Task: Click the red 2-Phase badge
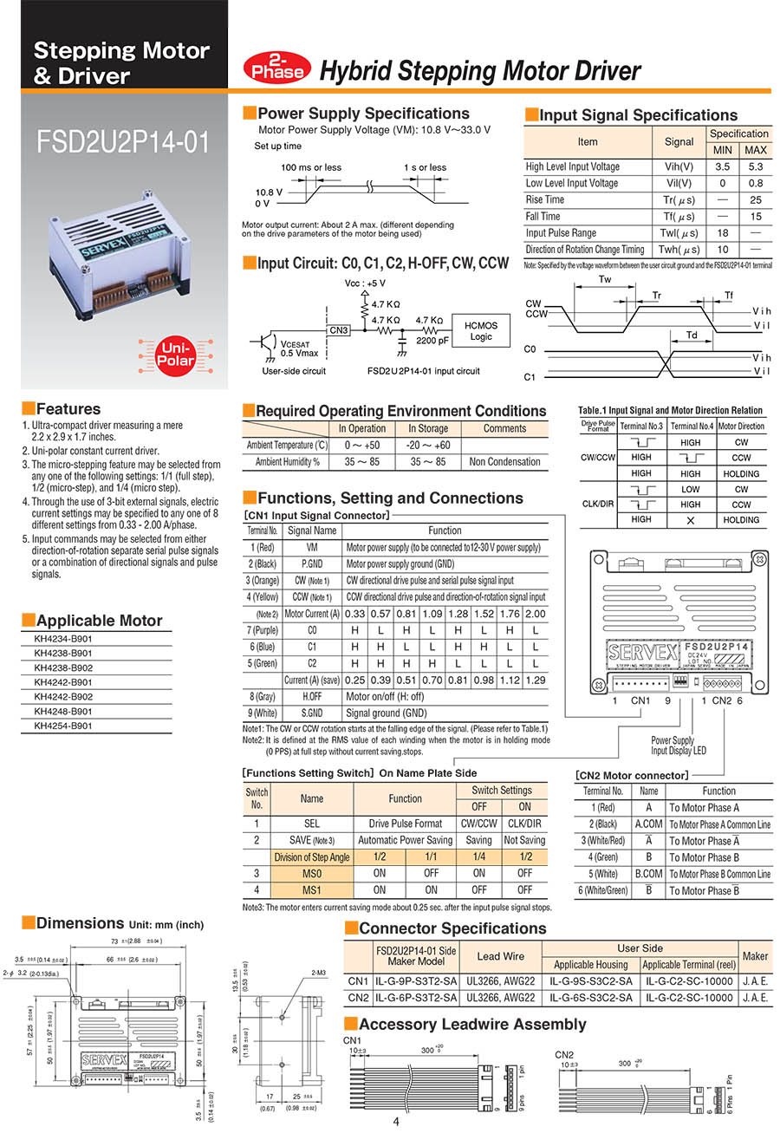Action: [x=278, y=68]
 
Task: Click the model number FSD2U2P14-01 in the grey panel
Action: [x=123, y=142]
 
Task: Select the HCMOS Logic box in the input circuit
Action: [x=480, y=330]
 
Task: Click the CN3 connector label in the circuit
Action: [x=339, y=330]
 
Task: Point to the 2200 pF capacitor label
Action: [x=433, y=342]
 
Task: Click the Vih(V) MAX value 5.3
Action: [x=755, y=166]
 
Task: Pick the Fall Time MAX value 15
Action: [x=755, y=216]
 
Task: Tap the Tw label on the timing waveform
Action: [x=604, y=279]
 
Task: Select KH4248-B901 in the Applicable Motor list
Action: [x=63, y=712]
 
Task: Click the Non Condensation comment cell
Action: [x=504, y=462]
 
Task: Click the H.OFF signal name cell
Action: [x=312, y=696]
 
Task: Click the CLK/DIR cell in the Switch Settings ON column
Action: [x=524, y=824]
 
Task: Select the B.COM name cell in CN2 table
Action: [x=648, y=874]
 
